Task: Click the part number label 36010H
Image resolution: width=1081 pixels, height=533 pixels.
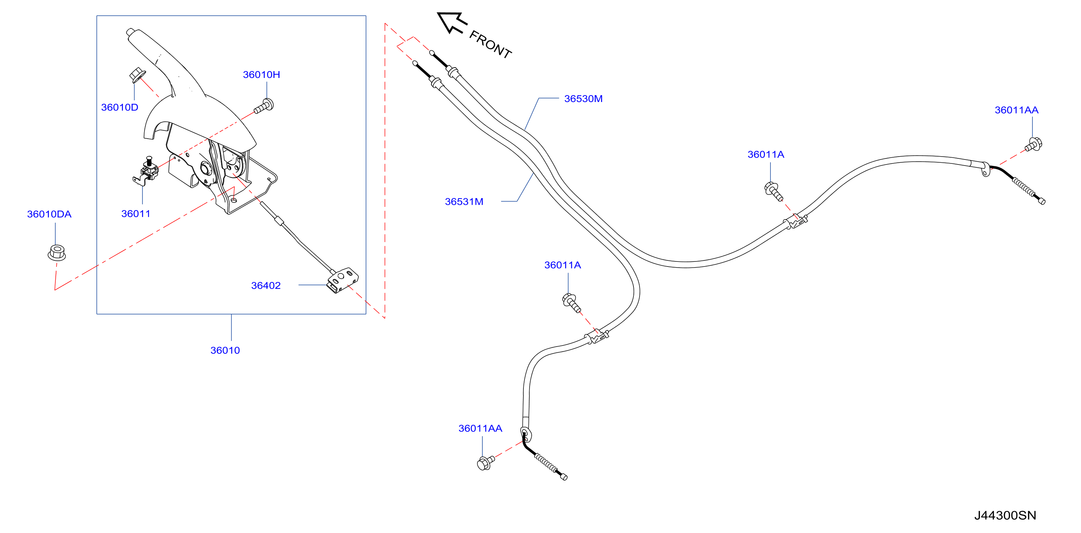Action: pos(261,75)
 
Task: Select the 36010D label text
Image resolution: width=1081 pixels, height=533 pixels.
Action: pos(120,107)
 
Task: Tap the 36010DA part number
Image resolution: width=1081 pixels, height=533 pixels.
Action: pos(49,214)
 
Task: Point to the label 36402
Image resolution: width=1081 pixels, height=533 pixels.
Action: pos(266,286)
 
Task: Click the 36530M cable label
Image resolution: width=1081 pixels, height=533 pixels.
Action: pos(583,99)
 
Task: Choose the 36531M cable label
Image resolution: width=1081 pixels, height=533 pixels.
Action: pos(464,202)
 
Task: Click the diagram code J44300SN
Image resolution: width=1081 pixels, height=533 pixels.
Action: pos(1005,515)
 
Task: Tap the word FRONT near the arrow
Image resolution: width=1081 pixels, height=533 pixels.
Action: pos(490,45)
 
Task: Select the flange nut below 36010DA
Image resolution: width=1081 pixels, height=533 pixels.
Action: pos(57,252)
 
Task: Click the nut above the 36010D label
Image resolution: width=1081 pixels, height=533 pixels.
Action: pos(136,75)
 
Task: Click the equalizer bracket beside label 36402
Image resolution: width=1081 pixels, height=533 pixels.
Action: pos(343,280)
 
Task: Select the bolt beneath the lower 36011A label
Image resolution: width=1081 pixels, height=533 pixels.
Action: pos(571,302)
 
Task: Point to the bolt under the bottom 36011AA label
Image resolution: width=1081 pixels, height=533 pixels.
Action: pos(486,463)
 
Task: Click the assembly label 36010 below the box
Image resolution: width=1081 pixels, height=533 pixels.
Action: pos(225,351)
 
